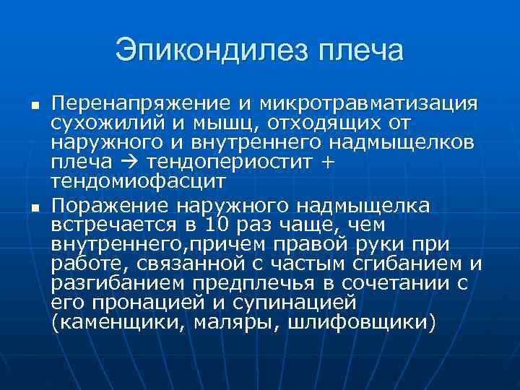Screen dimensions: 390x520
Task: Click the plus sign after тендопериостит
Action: (327, 160)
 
